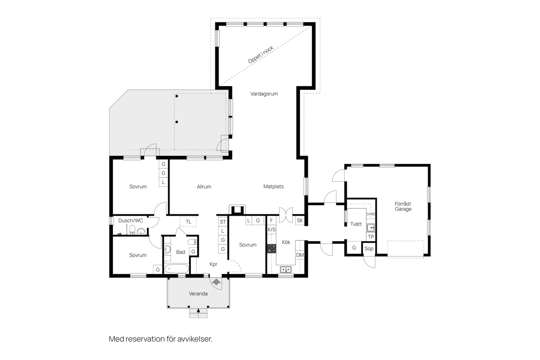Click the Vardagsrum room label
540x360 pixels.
coord(264,94)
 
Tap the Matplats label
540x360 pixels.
coord(273,187)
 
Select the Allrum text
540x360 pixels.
coord(204,187)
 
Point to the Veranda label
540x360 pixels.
coord(198,294)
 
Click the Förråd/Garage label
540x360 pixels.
coord(403,206)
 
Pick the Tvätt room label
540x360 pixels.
coord(356,224)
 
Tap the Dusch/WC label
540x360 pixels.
coord(130,220)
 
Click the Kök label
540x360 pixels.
coord(286,242)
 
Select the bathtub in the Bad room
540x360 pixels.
coord(177,269)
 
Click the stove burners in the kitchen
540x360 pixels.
coord(272,248)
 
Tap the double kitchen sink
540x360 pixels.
coord(286,269)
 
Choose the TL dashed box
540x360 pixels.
coord(188,222)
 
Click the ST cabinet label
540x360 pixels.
coord(223,222)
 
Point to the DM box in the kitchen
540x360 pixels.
coord(300,255)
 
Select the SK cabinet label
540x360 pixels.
coord(300,220)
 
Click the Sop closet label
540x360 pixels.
coord(369,249)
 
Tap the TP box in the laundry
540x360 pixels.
coord(371,237)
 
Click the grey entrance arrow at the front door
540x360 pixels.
coord(216,281)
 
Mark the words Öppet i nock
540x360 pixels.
coord(261,55)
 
